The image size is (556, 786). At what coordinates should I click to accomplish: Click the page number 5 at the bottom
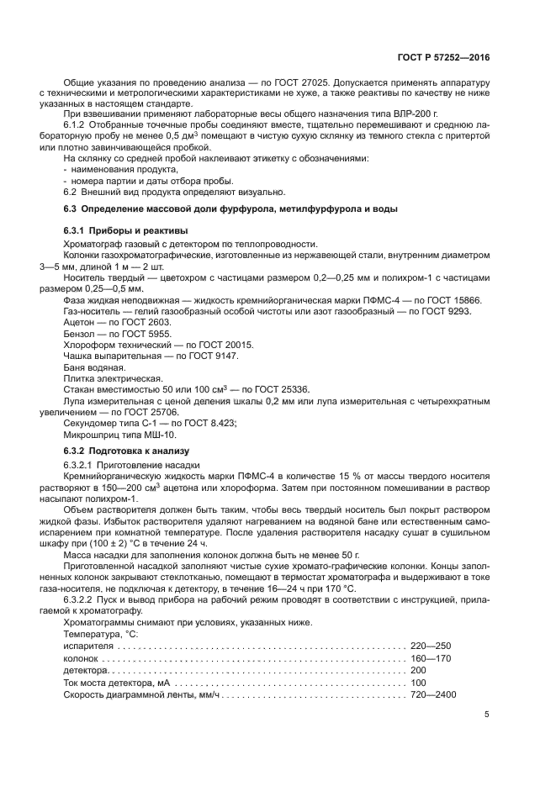(487, 715)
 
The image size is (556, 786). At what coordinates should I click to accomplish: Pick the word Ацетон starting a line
(81, 323)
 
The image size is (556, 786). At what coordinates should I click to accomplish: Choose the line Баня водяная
(95, 367)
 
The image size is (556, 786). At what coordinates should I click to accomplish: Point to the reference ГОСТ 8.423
(207, 423)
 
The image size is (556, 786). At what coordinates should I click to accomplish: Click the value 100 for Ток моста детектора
(419, 683)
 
